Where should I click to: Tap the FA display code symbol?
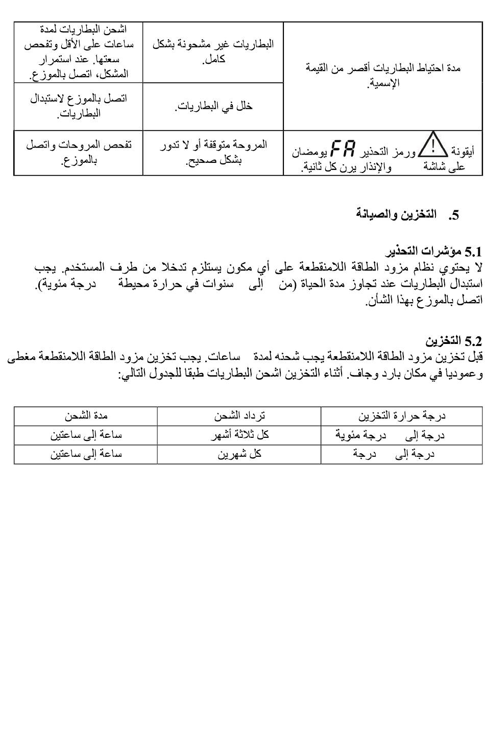point(343,148)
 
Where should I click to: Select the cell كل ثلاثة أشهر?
point(239,435)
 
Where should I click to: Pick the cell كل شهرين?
point(239,454)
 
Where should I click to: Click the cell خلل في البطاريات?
point(213,106)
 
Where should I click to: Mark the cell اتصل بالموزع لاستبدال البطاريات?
point(79,106)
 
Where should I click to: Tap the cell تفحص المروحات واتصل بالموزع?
point(79,153)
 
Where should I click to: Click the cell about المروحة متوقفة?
point(213,153)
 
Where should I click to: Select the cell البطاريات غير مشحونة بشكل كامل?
point(213,51)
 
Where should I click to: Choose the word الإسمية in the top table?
point(384,83)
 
